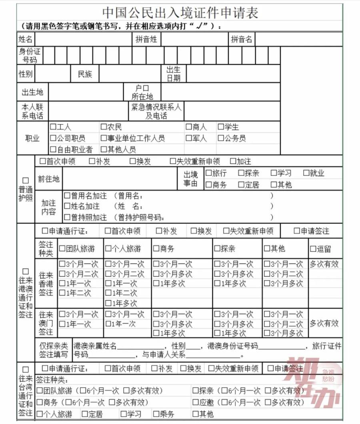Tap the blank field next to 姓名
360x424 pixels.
pos(83,39)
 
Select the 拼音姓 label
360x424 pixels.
pos(146,39)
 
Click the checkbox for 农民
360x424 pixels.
pos(104,127)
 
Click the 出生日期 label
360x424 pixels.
pos(174,74)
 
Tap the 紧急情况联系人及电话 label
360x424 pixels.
pos(156,111)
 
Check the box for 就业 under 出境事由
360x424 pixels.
pos(306,173)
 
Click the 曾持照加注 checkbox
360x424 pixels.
pos(67,217)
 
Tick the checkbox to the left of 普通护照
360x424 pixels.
pos(26,181)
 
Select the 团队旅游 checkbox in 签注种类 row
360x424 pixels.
pos(62,249)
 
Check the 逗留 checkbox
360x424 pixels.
pos(313,249)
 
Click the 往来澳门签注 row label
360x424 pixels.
pos(46,323)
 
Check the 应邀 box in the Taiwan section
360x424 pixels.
pos(196,402)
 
